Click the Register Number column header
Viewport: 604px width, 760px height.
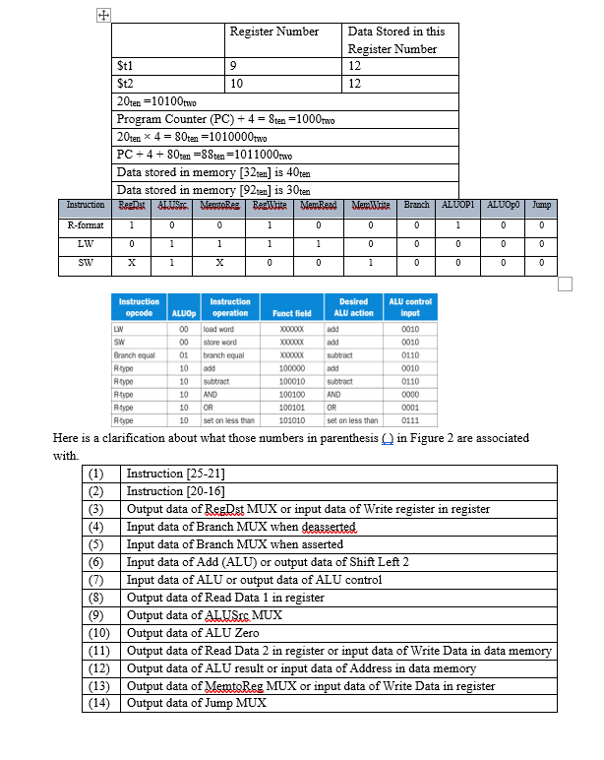point(274,32)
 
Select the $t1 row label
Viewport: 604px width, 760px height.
point(125,66)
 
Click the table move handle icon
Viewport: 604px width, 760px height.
point(101,16)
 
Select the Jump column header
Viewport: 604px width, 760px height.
point(539,205)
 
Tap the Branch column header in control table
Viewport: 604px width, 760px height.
point(416,205)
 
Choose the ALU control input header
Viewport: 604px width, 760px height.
point(410,307)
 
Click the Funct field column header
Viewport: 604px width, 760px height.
point(291,313)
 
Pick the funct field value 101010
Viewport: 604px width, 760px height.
point(291,418)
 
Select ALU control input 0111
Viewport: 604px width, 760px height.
point(410,418)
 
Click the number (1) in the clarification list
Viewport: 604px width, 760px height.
point(96,474)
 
